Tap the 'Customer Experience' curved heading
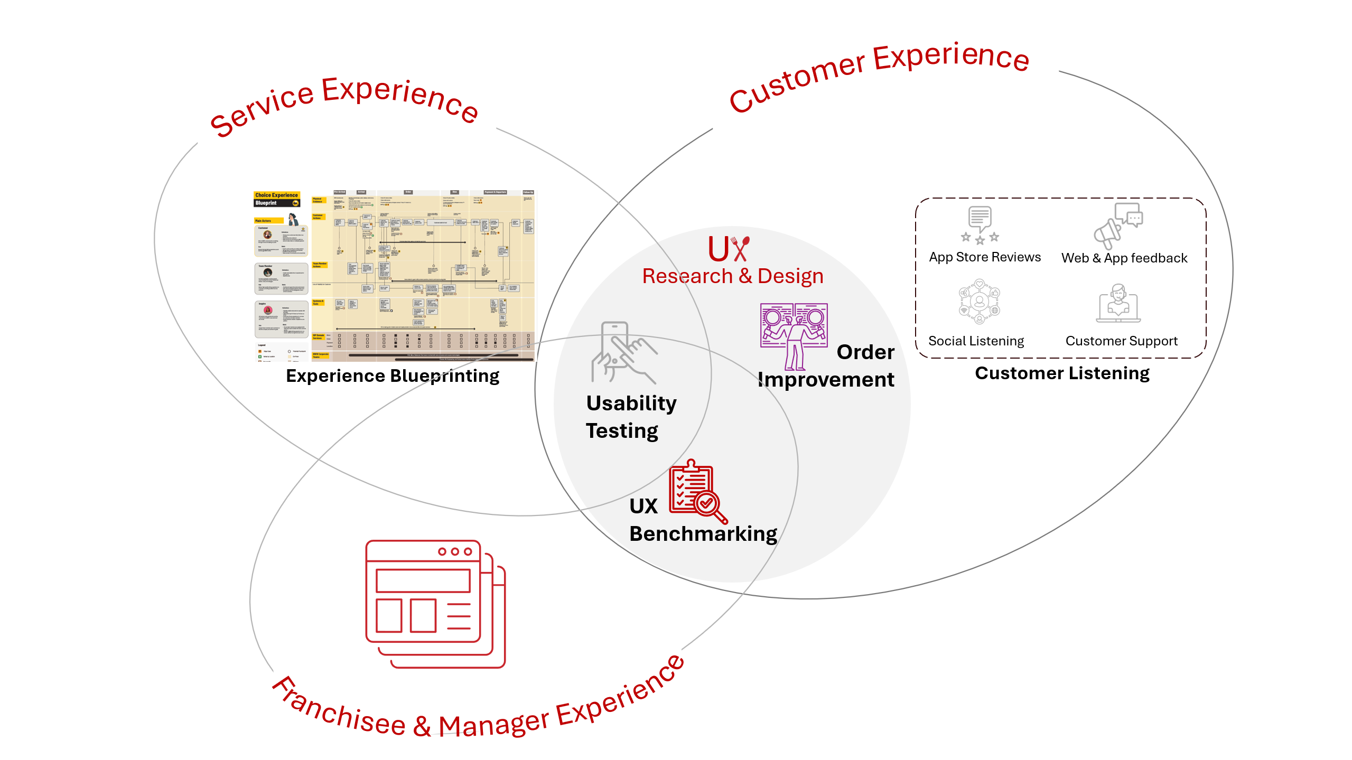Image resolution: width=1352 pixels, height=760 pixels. tap(879, 74)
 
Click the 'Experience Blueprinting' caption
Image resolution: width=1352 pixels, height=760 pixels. tap(393, 376)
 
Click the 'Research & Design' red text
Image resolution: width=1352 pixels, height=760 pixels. tap(732, 276)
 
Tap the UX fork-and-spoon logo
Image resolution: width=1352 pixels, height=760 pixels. tap(729, 249)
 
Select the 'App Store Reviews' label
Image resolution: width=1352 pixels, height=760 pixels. tap(985, 257)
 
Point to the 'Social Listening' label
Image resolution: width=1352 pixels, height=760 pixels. tap(976, 341)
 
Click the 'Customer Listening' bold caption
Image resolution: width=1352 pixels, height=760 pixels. tap(1062, 373)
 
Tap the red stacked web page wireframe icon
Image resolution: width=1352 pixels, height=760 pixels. tap(435, 604)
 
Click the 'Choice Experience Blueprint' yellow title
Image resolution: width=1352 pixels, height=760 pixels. tap(277, 199)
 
